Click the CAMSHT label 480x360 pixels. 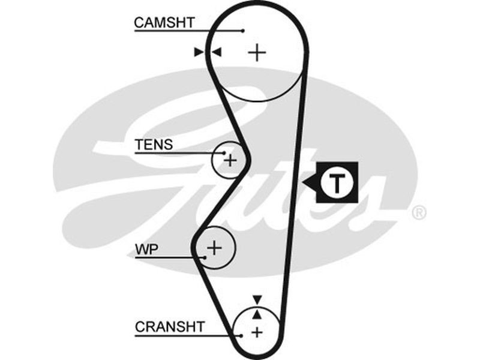tap(164, 23)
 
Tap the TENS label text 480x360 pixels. tap(154, 145)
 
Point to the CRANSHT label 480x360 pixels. tap(170, 327)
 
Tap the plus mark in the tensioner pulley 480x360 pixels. tap(230, 160)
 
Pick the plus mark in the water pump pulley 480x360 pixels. tap(215, 247)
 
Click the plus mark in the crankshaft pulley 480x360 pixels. tap(257, 332)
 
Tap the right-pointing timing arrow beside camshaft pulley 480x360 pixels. tap(199, 53)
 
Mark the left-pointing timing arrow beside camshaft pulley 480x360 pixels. tap(217, 53)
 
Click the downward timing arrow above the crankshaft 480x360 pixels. tap(257, 299)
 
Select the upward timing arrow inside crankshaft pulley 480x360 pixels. tap(257, 313)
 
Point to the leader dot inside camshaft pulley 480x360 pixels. tap(242, 30)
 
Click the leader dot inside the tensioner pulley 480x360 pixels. tap(224, 153)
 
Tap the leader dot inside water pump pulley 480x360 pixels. tap(205, 257)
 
